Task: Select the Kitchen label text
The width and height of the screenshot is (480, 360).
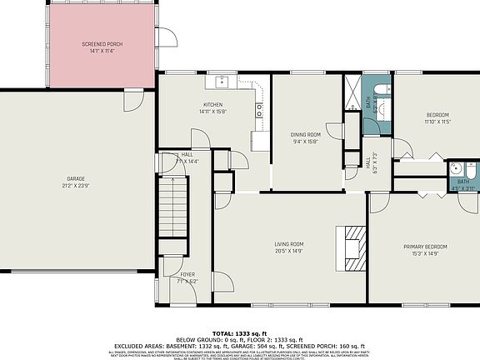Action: pos(212,103)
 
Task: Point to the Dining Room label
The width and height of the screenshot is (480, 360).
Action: pos(306,134)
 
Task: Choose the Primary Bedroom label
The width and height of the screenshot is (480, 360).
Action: pos(425,247)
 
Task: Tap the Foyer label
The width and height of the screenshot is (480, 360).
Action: pos(188,274)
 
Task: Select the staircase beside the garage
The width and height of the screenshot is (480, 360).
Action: pos(174,209)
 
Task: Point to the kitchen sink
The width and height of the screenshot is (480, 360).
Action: pos(223,82)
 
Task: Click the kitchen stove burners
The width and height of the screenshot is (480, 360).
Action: pos(260,107)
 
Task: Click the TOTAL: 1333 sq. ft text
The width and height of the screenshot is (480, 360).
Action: pos(239,332)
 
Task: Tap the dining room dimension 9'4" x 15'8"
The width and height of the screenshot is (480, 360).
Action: pos(306,142)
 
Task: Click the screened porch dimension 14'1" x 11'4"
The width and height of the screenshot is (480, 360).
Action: pos(100,50)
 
